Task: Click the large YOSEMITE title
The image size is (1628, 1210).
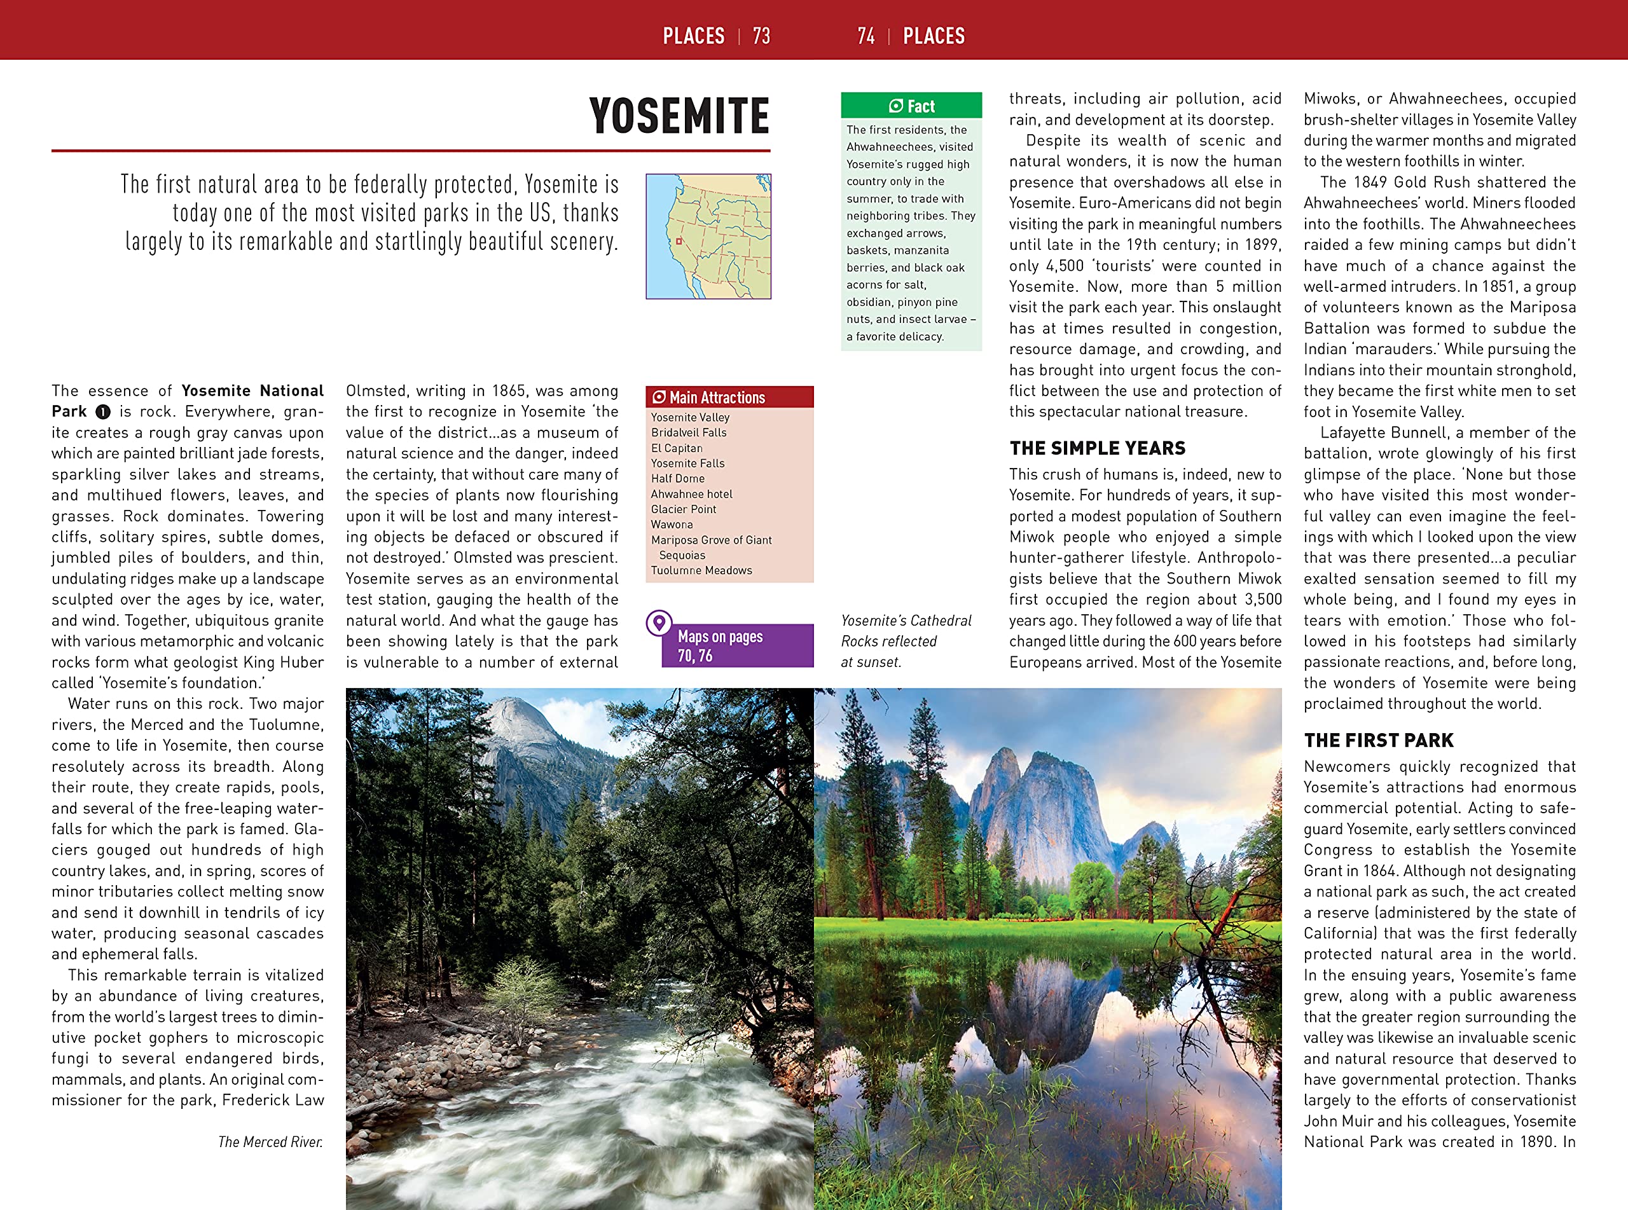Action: tap(679, 116)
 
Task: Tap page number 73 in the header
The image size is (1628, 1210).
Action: tap(762, 36)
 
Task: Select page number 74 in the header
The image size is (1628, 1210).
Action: tap(866, 36)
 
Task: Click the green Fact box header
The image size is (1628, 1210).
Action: tap(911, 106)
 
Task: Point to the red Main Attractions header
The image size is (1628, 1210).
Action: tap(729, 397)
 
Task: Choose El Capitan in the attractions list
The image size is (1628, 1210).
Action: tap(677, 448)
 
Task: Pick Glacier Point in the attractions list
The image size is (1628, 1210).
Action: tap(683, 509)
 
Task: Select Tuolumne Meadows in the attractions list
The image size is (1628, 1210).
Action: tap(701, 570)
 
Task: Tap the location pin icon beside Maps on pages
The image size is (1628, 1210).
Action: tap(659, 622)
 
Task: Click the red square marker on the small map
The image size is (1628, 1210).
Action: tap(679, 241)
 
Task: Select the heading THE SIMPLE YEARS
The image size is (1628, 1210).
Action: tap(1097, 448)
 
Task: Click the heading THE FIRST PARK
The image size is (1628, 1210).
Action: tap(1378, 741)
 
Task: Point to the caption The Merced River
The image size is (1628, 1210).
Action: tap(270, 1142)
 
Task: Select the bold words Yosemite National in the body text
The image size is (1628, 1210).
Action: tap(252, 390)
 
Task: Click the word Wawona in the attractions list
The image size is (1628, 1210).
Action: tap(672, 525)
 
